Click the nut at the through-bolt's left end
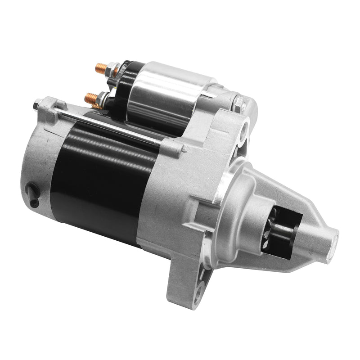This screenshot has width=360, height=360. click(x=36, y=106)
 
